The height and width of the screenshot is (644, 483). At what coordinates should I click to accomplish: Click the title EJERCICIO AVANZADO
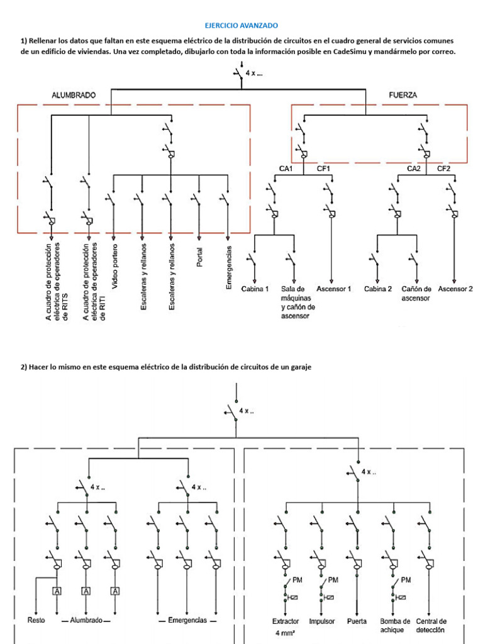(241, 25)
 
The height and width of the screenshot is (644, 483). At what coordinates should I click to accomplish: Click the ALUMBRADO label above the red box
(74, 96)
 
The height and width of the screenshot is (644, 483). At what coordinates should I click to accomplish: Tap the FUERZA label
(403, 96)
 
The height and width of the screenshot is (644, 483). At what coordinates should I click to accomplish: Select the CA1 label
(286, 169)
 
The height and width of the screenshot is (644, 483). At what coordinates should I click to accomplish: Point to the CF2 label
(443, 169)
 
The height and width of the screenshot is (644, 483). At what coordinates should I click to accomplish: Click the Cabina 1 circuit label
(255, 289)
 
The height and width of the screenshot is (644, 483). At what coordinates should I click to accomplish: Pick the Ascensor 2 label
(455, 289)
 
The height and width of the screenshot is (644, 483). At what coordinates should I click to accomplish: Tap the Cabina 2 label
(378, 289)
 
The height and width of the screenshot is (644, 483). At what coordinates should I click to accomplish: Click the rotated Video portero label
(114, 266)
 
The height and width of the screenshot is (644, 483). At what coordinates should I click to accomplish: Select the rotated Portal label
(199, 257)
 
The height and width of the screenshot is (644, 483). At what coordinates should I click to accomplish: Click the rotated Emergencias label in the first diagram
(229, 267)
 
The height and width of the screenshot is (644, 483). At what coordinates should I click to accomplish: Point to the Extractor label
(286, 621)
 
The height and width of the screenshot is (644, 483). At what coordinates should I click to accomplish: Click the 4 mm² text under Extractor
(286, 633)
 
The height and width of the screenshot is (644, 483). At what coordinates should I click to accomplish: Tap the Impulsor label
(321, 621)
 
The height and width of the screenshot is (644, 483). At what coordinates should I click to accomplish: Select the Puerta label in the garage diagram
(357, 621)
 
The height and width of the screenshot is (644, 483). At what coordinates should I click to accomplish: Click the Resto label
(36, 620)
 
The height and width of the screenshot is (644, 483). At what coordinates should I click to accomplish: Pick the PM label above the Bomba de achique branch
(406, 580)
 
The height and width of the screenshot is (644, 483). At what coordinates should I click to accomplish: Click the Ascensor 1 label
(333, 289)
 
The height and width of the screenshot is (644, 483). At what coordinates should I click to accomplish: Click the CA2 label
(414, 169)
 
